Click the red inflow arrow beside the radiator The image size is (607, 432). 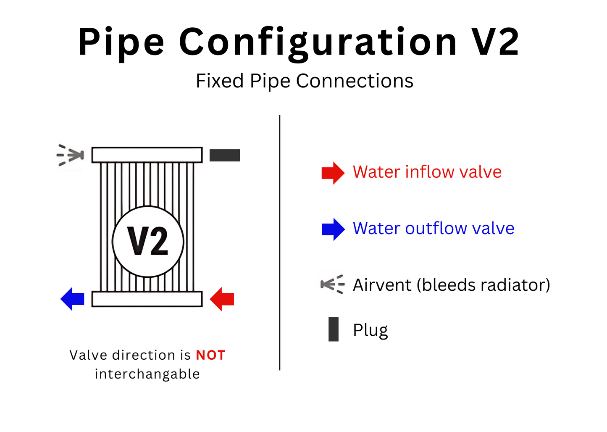pos(222,299)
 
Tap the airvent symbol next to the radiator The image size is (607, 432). pos(71,155)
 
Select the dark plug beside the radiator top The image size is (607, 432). pos(225,155)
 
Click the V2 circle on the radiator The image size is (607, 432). pos(148,241)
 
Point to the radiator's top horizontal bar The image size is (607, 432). pos(147,155)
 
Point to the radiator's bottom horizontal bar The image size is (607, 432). pos(147,299)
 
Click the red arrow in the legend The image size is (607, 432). pos(333,173)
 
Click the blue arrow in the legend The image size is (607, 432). pos(333,229)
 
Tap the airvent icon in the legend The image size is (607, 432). pos(332,284)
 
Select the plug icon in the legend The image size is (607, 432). pos(334,329)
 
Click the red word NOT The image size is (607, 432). pos(210,355)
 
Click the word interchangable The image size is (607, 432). pos(147,374)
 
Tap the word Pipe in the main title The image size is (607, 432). pos(121,42)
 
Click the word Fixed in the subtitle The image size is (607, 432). pos(219,81)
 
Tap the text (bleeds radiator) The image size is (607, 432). pos(483,285)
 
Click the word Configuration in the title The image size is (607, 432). pos(318,42)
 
